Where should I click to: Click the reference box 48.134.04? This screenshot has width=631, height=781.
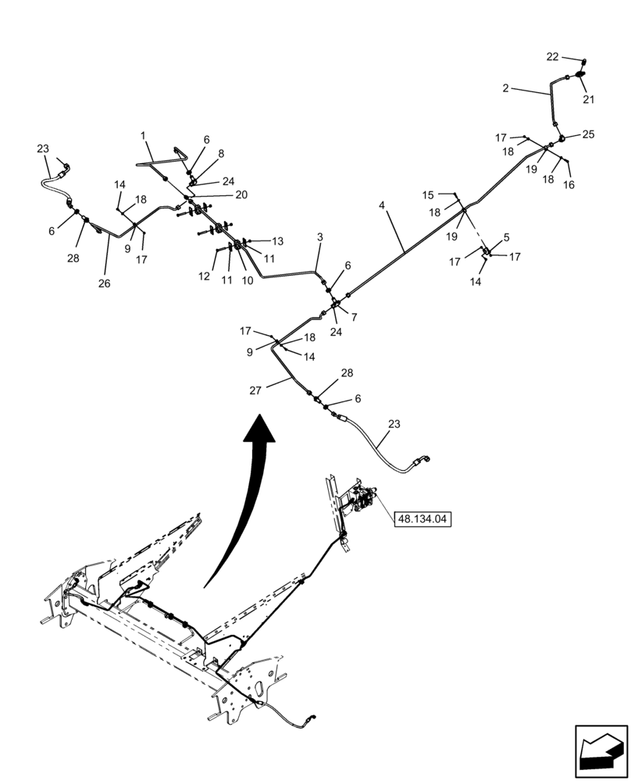point(424,518)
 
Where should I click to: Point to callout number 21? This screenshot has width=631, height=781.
point(588,99)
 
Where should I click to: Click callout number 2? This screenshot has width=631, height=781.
point(506,89)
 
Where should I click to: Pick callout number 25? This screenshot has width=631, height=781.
point(588,134)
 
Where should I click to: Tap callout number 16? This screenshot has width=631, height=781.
point(569,185)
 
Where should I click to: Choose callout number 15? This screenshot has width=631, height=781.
point(428,194)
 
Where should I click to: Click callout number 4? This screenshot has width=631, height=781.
point(382,205)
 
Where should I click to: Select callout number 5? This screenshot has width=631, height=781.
point(506,237)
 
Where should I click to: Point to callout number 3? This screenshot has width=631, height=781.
point(319,237)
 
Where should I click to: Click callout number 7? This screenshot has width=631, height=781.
point(354,317)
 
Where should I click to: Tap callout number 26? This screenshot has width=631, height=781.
point(104,284)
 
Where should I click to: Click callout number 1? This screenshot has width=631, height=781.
point(144,136)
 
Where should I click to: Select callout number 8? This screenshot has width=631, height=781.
point(221,154)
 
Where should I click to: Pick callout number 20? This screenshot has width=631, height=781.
point(241,194)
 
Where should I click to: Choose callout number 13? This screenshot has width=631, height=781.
point(277,241)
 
